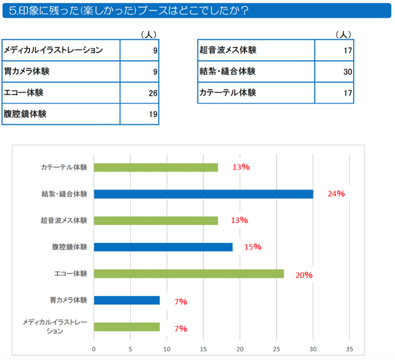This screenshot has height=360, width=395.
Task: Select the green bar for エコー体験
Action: pyautogui.click(x=189, y=273)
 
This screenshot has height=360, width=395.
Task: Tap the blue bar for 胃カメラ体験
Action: pyautogui.click(x=127, y=300)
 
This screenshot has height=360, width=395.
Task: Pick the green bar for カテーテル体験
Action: pyautogui.click(x=156, y=167)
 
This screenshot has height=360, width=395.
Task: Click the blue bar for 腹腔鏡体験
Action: pyautogui.click(x=163, y=247)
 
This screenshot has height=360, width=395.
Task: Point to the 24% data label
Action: pyautogui.click(x=336, y=194)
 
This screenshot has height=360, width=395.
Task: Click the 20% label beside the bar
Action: pyautogui.click(x=304, y=275)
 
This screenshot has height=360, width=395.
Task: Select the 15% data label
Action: pyautogui.click(x=252, y=247)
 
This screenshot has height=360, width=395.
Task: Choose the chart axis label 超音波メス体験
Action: pyautogui.click(x=64, y=220)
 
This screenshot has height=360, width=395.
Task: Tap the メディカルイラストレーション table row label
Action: pyautogui.click(x=53, y=51)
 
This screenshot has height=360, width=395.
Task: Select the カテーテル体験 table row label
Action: pyautogui.click(x=227, y=92)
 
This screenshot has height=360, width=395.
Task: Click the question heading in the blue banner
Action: pyautogui.click(x=129, y=11)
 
